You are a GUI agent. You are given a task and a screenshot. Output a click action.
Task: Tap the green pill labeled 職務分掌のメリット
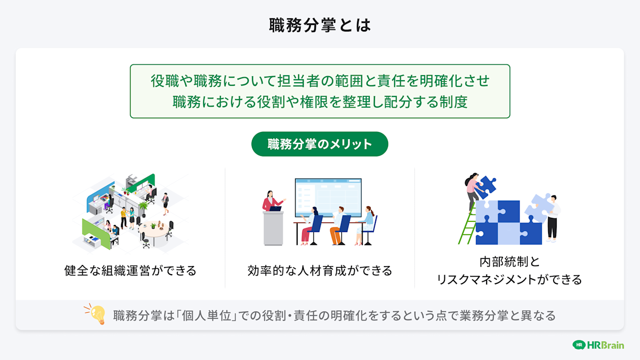[320, 144]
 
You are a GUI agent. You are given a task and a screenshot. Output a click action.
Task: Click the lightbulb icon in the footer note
[95, 314]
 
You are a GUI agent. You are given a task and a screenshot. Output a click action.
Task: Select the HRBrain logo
[598, 345]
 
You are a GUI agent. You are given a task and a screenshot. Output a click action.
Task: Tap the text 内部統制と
[509, 262]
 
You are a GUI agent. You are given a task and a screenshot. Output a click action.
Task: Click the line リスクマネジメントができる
[509, 279]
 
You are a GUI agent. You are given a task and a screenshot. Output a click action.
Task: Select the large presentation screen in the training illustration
[328, 197]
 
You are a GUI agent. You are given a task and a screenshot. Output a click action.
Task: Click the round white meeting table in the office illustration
[154, 231]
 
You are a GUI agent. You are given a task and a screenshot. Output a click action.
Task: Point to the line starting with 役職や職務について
[320, 81]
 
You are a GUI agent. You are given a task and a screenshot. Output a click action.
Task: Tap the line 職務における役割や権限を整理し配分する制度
[320, 102]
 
